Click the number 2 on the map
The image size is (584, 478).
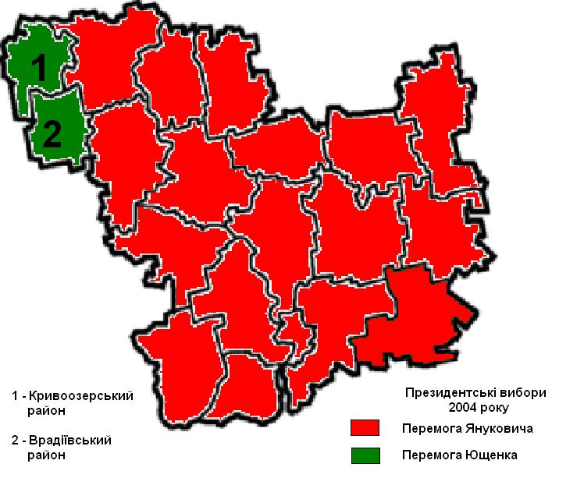point(52,135)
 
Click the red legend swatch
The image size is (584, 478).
point(365,428)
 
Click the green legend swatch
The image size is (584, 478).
point(365,454)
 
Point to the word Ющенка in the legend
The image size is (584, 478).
point(492,455)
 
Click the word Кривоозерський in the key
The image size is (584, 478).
point(85,396)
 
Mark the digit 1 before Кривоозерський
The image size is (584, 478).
point(15,396)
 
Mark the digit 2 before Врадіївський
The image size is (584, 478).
point(15,441)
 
